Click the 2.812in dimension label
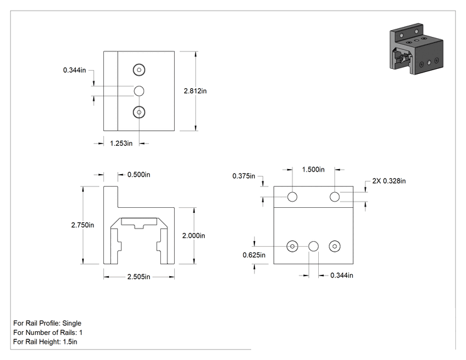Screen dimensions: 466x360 195,91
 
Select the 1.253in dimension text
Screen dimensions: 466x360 122,143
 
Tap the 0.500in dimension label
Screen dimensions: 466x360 139,175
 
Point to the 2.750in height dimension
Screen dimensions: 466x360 83,225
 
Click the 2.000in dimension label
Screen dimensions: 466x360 194,235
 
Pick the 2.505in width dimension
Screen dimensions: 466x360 139,277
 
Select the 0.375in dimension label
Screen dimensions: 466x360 244,176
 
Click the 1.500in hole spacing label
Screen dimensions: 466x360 313,170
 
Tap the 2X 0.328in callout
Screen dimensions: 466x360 389,181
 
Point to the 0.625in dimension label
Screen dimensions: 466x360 254,255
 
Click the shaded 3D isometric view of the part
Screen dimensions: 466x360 416,49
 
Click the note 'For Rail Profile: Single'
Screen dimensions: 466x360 47,323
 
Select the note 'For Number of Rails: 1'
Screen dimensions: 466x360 48,332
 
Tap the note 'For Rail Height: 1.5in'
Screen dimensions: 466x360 45,342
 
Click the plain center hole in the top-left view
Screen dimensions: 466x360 139,91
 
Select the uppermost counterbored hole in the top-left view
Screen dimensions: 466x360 139,69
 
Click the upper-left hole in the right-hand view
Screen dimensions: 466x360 292,197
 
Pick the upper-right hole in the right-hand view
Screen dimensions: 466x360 334,197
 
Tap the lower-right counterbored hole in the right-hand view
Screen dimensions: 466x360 334,246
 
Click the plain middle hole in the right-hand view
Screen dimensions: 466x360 314,246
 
